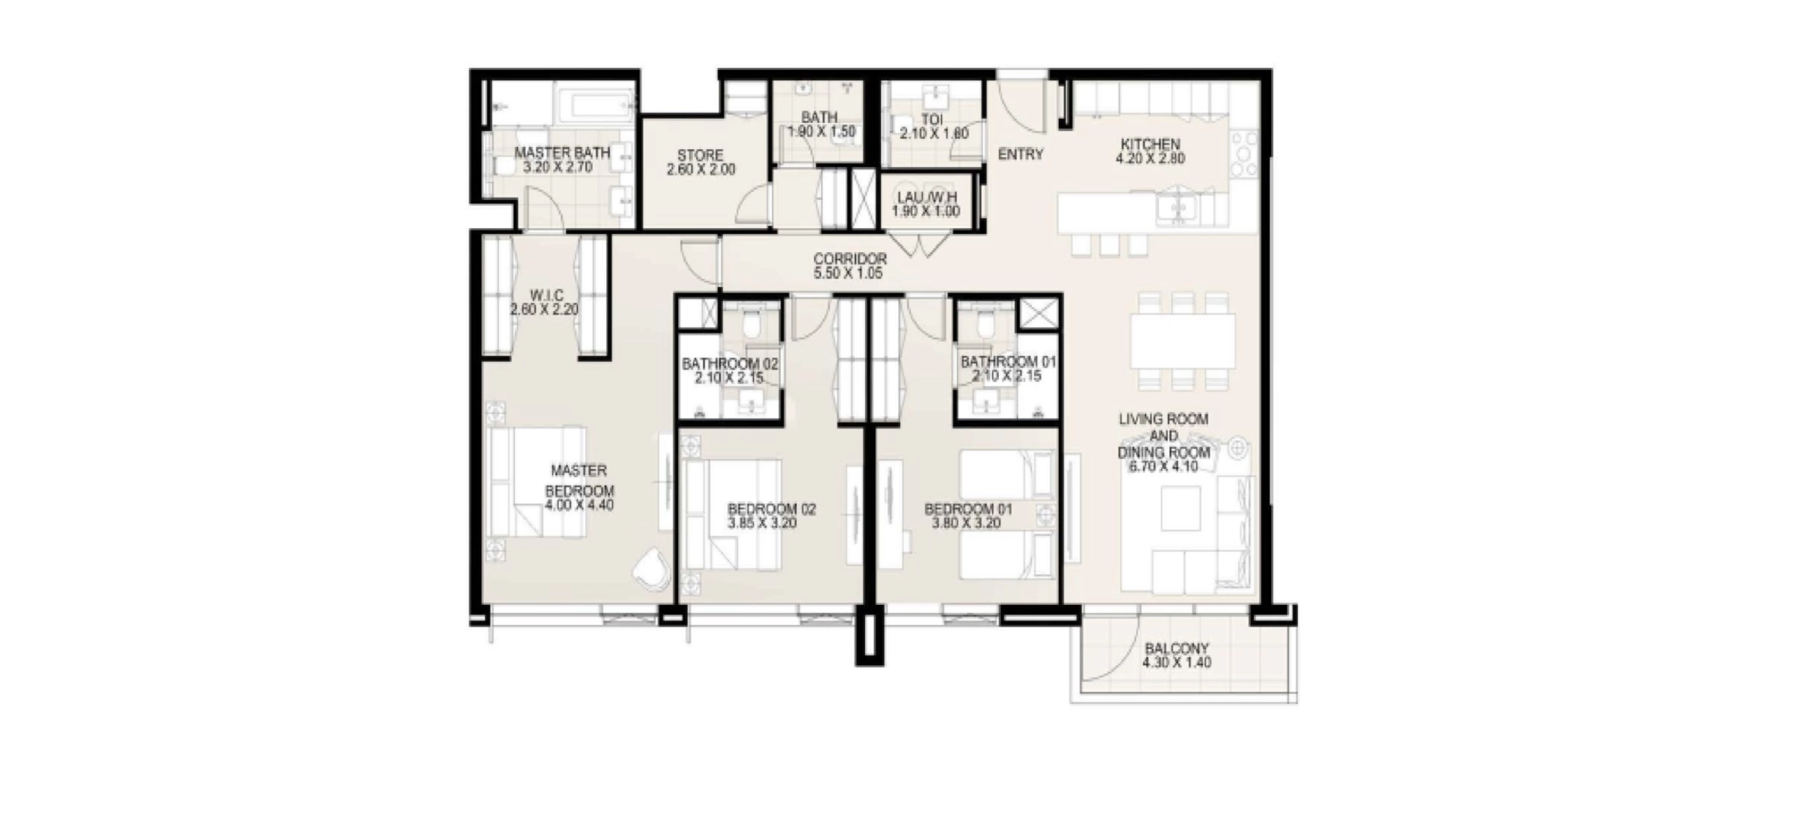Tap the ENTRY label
click(1020, 154)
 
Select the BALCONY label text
click(1176, 648)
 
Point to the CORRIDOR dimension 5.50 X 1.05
click(848, 273)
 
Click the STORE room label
click(700, 156)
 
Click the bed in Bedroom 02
click(731, 514)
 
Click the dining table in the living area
click(1182, 341)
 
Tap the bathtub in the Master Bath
click(595, 106)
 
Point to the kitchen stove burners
click(1243, 154)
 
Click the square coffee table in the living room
click(1182, 509)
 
